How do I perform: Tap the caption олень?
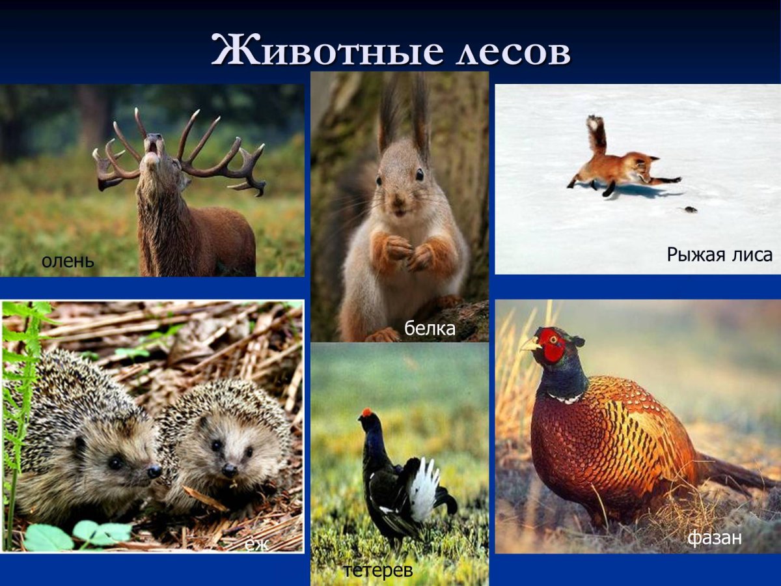68,262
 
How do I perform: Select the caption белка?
430,329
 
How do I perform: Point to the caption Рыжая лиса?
719,255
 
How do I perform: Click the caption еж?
256,544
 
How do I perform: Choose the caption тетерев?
378,571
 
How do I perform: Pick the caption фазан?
715,538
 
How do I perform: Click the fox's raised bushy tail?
596,133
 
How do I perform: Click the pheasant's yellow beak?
529,345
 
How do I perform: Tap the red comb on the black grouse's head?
367,412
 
